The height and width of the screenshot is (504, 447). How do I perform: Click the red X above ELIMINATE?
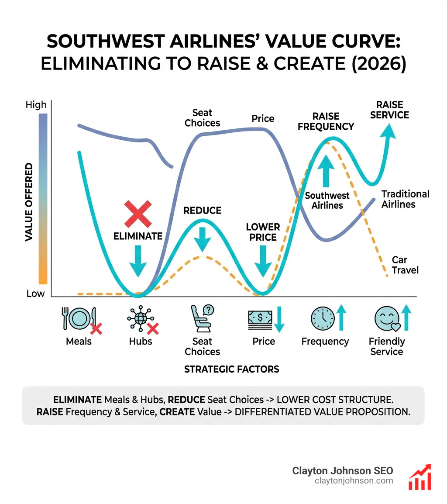[138, 214]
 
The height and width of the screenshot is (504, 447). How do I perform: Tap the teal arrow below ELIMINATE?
[138, 260]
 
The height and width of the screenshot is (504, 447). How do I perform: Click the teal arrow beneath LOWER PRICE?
[263, 260]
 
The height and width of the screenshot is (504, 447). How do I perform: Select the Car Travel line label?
[405, 265]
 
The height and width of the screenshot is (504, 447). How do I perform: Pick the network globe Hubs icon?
[139, 318]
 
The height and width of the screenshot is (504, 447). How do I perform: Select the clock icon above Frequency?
[322, 318]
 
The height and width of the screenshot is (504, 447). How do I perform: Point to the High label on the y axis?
[36, 105]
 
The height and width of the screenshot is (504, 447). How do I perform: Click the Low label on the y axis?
[35, 293]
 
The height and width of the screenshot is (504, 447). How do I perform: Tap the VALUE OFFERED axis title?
[29, 202]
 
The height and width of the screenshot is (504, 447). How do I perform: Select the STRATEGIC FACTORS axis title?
[231, 369]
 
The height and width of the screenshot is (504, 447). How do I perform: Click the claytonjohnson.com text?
[354, 481]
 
